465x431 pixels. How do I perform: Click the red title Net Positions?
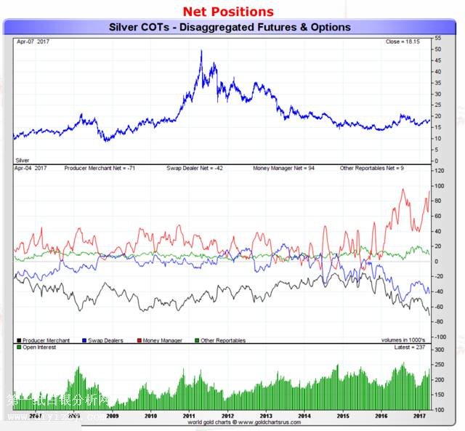[x=228, y=11]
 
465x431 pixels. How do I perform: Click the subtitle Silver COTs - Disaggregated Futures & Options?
[x=230, y=27]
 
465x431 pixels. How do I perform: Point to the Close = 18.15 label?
[x=403, y=42]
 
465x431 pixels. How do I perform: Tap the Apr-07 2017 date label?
[x=33, y=42]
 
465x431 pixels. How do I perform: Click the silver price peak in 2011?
[x=201, y=51]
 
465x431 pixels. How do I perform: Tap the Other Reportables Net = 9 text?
[x=372, y=168]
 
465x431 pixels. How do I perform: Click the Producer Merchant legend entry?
[x=44, y=340]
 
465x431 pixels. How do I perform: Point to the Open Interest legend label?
[x=39, y=348]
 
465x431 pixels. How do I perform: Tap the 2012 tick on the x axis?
[x=227, y=416]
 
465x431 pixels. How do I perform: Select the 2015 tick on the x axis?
[x=341, y=416]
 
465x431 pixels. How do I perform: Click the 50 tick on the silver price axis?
[x=437, y=49]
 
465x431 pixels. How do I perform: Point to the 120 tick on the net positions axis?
[x=439, y=171]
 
